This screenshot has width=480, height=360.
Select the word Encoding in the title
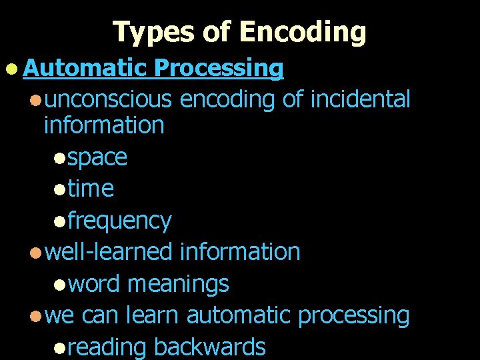coord(303,31)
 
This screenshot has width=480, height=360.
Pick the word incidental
coord(359,99)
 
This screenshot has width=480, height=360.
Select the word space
coord(97,157)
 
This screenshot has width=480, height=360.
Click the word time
coord(91,189)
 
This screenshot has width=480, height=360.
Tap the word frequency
coord(119,220)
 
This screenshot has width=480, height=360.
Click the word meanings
coord(178,284)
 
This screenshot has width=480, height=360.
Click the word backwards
coord(209,347)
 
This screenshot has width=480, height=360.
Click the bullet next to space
coord(60,158)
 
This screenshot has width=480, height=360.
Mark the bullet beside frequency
coord(60,221)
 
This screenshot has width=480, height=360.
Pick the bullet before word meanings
coord(60,285)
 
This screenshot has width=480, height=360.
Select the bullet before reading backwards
coord(60,347)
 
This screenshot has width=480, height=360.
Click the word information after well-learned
coord(240,252)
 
